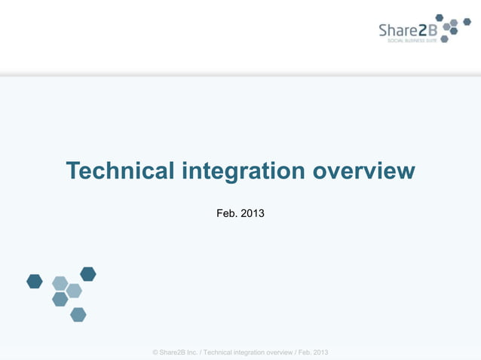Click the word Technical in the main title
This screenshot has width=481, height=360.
pos(120,171)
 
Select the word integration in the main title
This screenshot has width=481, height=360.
pos(243,172)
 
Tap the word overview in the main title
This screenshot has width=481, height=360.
pos(363,171)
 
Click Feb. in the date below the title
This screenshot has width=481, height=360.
pos(226,214)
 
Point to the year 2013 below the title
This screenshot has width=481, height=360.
pos(252,214)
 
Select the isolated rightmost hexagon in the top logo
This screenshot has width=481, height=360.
pos(467,23)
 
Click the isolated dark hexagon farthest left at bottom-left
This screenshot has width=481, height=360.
pos(35,281)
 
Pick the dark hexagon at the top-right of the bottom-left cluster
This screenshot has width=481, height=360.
pos(88,273)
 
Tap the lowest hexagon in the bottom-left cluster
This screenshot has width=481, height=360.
pos(78,314)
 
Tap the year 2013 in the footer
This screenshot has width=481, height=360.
pos(320,352)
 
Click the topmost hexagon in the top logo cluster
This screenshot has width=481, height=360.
pos(440,17)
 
